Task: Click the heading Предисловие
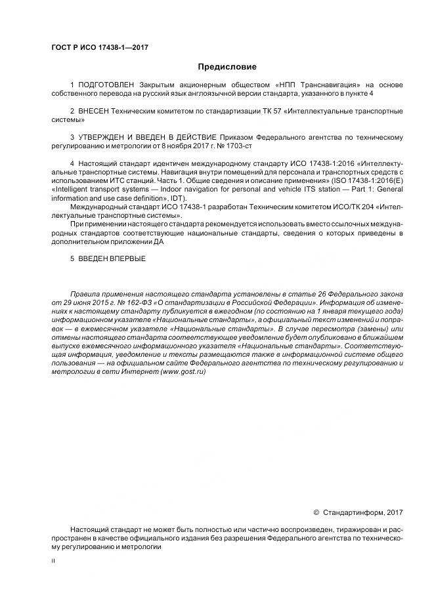tap(227, 67)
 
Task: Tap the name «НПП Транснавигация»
tap(316, 85)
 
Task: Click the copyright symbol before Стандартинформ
tap(316, 512)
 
